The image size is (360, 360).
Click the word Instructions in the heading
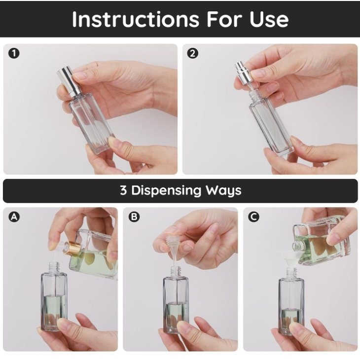136,19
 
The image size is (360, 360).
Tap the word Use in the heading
269,19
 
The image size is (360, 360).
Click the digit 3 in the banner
123,190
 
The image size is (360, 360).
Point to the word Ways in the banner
223,191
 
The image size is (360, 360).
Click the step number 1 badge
14,53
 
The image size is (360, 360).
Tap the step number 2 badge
193,53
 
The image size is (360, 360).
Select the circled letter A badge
14,217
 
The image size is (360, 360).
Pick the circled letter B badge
134,217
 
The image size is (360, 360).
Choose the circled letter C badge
253,217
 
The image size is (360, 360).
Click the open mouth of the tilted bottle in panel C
296,245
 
